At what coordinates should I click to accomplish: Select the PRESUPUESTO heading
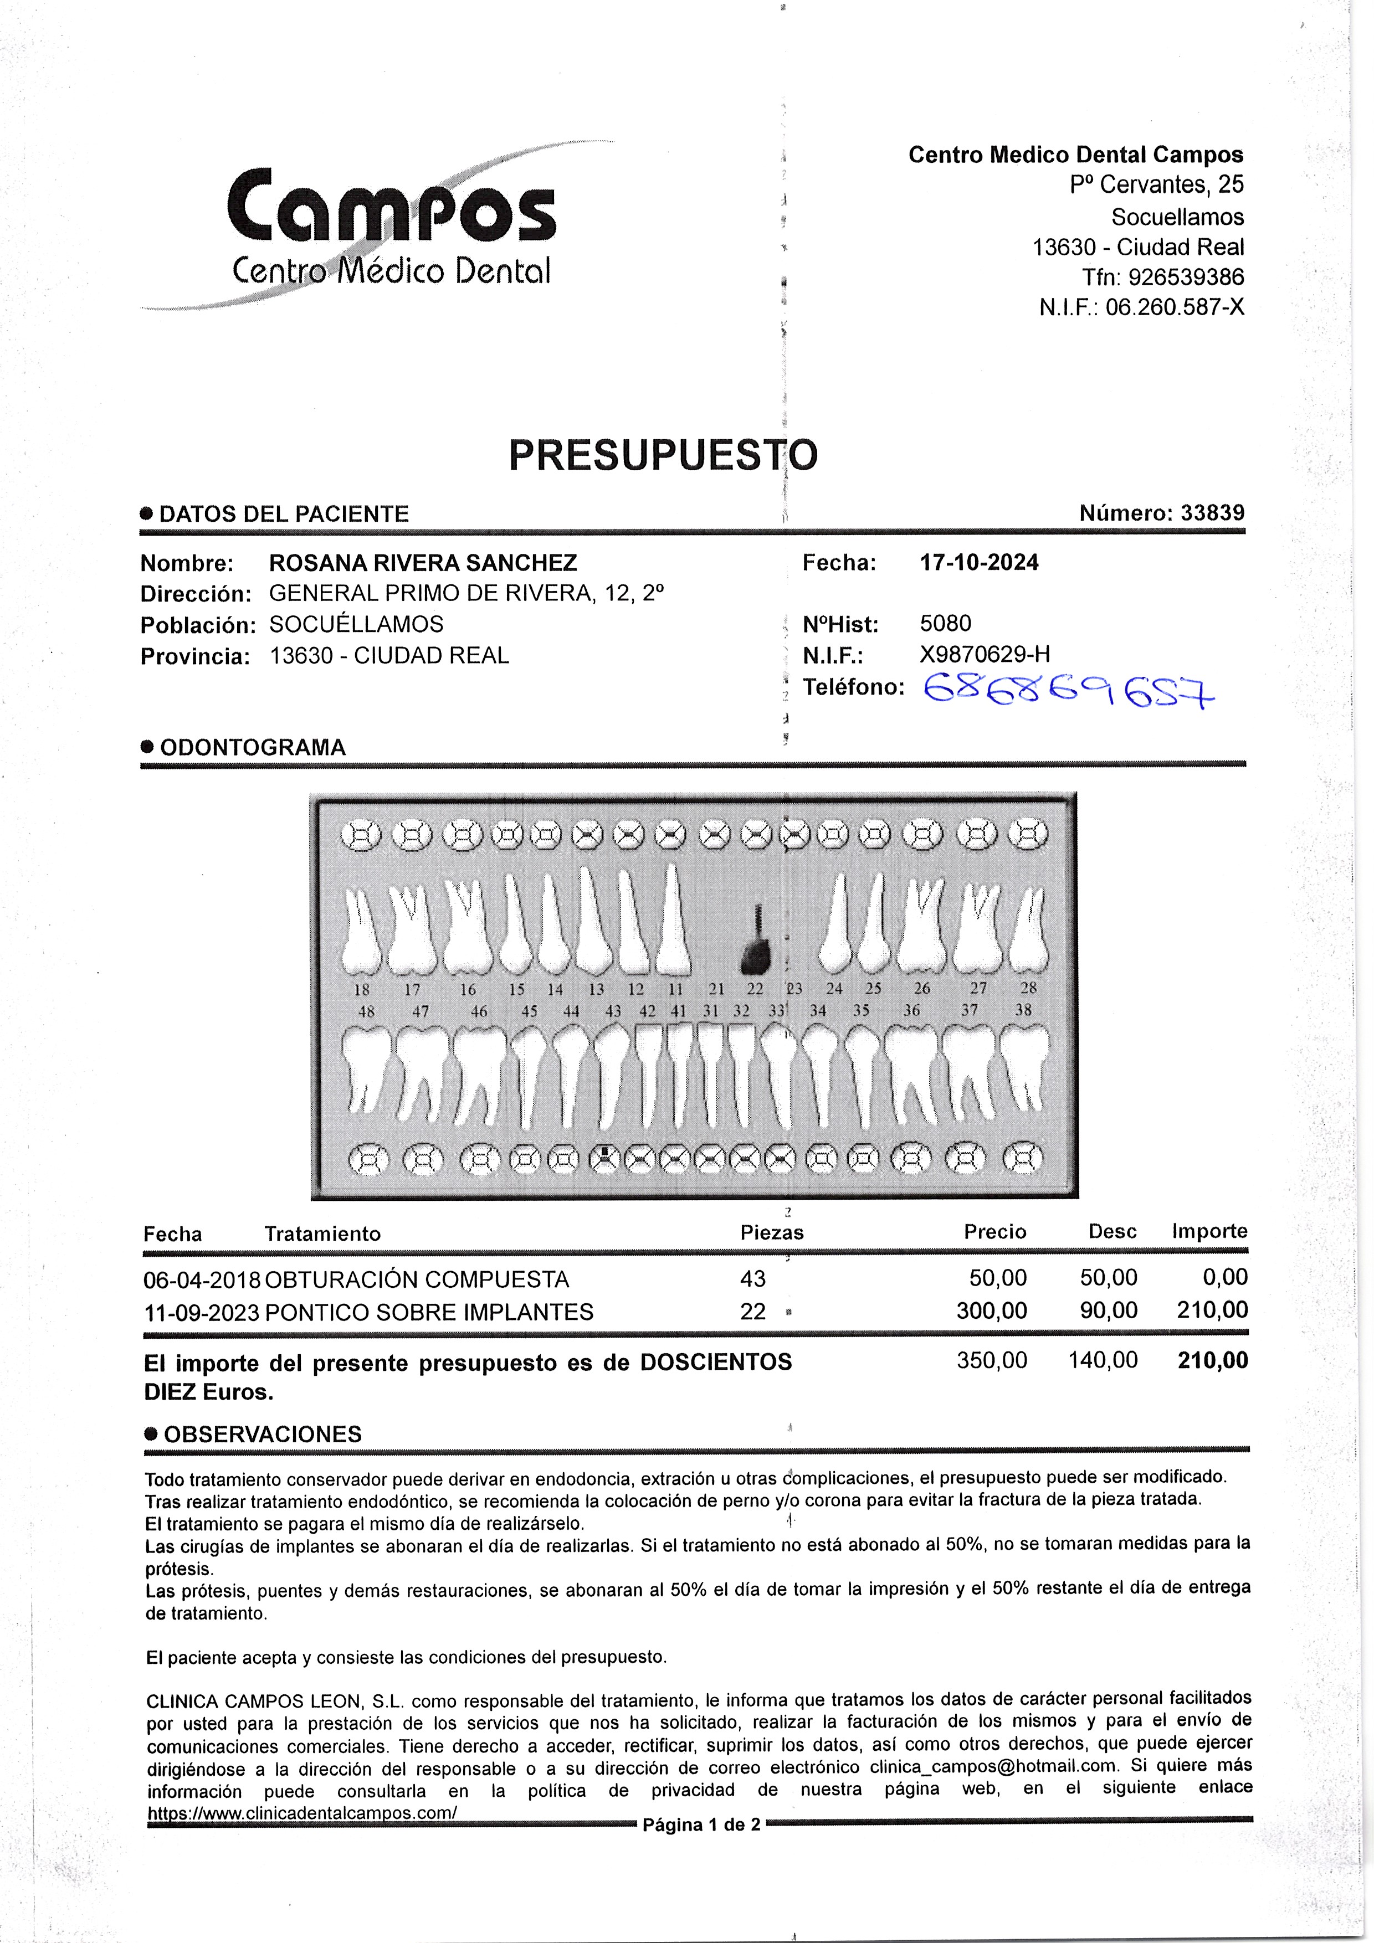pyautogui.click(x=663, y=455)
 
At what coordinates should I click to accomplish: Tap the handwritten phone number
pyautogui.click(x=1068, y=689)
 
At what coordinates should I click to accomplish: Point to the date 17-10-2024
pyautogui.click(x=978, y=563)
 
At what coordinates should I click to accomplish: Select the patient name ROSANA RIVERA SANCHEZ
pyautogui.click(x=422, y=564)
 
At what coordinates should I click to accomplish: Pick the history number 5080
pyautogui.click(x=946, y=624)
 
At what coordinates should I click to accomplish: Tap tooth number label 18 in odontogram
pyautogui.click(x=361, y=989)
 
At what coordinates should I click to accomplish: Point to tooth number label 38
pyautogui.click(x=1023, y=1010)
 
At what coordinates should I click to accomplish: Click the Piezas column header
pyautogui.click(x=771, y=1233)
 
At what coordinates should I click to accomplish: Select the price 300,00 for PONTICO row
pyautogui.click(x=991, y=1311)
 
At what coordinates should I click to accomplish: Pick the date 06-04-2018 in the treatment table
pyautogui.click(x=202, y=1279)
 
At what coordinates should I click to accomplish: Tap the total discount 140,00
pyautogui.click(x=1103, y=1361)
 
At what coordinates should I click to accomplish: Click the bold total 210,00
pyautogui.click(x=1212, y=1361)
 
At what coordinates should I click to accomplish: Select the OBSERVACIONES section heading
pyautogui.click(x=263, y=1435)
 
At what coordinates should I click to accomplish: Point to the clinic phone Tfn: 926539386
pyautogui.click(x=1162, y=277)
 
